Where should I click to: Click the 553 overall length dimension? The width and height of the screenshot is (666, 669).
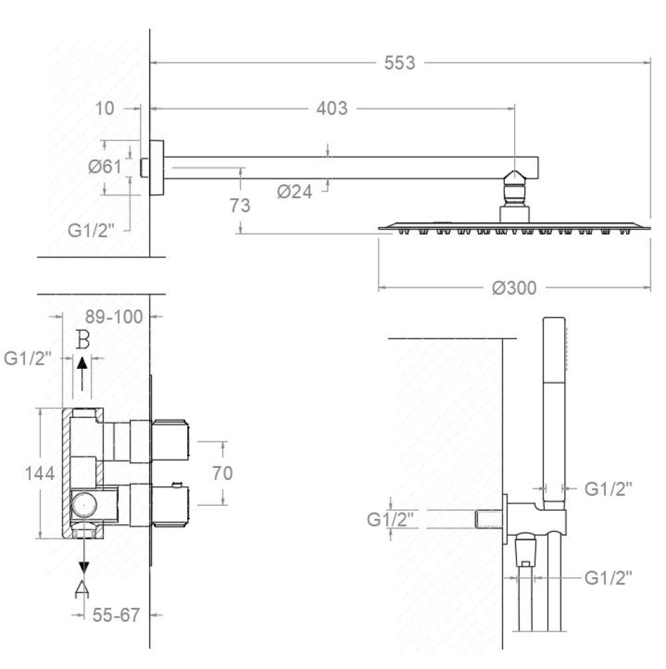pyautogui.click(x=400, y=63)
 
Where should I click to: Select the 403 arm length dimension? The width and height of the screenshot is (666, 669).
pyautogui.click(x=332, y=109)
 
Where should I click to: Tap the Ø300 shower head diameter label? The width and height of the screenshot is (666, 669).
pyautogui.click(x=514, y=288)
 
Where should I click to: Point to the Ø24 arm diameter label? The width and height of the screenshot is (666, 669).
pyautogui.click(x=294, y=192)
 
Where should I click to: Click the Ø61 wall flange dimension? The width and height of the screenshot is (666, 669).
pyautogui.click(x=105, y=166)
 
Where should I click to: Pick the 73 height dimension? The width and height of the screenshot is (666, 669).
pyautogui.click(x=240, y=205)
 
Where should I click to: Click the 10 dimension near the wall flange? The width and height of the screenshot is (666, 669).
pyautogui.click(x=105, y=109)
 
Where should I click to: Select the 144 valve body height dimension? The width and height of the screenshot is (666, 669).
pyautogui.click(x=40, y=473)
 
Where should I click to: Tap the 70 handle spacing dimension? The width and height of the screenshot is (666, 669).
pyautogui.click(x=222, y=473)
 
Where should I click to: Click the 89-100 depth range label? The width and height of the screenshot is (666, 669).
pyautogui.click(x=114, y=317)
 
